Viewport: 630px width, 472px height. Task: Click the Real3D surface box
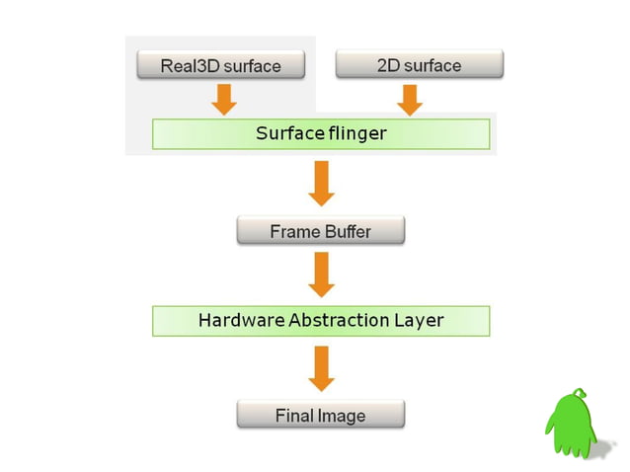tap(221, 66)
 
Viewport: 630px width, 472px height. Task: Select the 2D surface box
tap(419, 66)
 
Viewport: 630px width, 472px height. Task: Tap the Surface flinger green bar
tap(321, 133)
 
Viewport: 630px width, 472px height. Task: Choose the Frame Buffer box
tap(321, 232)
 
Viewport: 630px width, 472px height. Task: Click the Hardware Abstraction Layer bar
tap(321, 320)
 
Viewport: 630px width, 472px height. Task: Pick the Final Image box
tap(321, 415)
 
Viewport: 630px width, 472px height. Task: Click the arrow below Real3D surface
tap(223, 98)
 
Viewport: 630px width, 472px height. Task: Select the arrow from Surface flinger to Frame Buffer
tap(321, 184)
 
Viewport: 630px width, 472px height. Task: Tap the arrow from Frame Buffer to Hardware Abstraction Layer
tap(321, 275)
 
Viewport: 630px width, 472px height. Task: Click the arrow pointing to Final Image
tap(321, 367)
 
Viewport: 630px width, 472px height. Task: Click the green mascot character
tap(571, 424)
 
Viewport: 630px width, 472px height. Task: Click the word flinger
tap(355, 133)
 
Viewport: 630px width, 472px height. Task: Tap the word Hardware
tap(235, 320)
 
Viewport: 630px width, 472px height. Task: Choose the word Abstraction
tap(336, 320)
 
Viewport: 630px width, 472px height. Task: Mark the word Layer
tap(419, 320)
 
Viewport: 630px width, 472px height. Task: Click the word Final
tap(293, 415)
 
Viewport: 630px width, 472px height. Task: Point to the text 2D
tap(387, 66)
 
